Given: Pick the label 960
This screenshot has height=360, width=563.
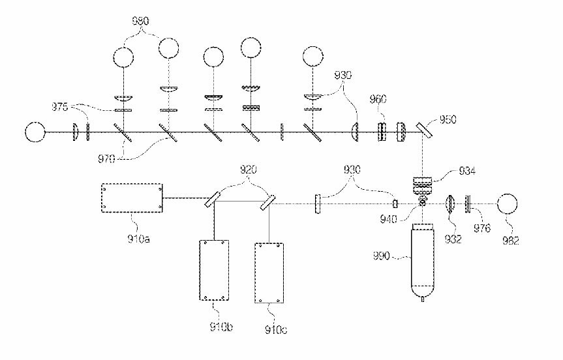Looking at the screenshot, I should (378, 100).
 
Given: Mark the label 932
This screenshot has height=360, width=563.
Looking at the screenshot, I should (451, 239).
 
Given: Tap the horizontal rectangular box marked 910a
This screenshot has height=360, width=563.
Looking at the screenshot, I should (132, 198).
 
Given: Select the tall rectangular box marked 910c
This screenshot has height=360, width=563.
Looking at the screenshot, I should (269, 273).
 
